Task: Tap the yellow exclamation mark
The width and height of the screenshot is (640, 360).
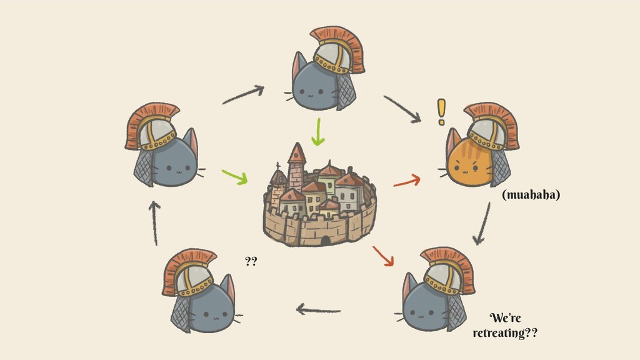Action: click(x=442, y=112)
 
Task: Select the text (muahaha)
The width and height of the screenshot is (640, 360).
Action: click(x=531, y=195)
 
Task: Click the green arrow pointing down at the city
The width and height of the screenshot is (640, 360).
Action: click(x=319, y=131)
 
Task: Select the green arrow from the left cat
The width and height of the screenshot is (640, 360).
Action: click(x=234, y=176)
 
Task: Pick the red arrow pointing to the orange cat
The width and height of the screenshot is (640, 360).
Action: click(x=406, y=182)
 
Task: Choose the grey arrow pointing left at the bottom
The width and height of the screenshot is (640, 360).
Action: click(x=318, y=309)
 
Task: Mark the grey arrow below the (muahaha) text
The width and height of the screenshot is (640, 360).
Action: click(x=482, y=223)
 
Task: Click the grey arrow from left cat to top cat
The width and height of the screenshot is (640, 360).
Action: click(x=242, y=95)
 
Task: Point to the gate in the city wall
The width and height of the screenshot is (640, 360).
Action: click(x=325, y=241)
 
